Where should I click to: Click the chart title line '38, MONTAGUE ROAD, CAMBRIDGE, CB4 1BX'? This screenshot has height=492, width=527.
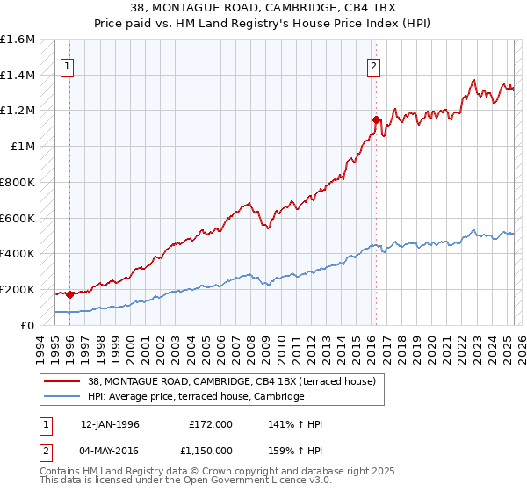(x=263, y=9)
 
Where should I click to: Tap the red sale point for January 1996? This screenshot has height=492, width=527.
(x=69, y=294)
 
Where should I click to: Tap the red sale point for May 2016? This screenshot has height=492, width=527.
(x=376, y=119)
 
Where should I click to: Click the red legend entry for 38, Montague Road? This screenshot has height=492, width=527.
(x=232, y=381)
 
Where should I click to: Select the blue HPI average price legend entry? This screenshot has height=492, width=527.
(x=195, y=397)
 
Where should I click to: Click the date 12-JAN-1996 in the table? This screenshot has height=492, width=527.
(x=110, y=424)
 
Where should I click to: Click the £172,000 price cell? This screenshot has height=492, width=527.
(x=211, y=424)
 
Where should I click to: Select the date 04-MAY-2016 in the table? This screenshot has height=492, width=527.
(x=110, y=450)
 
